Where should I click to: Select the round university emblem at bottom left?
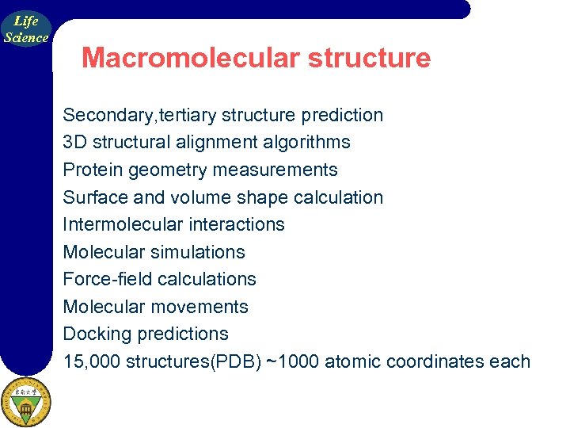click(x=25, y=402)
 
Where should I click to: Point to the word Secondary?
click(x=108, y=115)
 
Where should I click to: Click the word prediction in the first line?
click(x=342, y=115)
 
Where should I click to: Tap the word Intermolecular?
click(x=122, y=224)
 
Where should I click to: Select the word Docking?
click(x=97, y=334)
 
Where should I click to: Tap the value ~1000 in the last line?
click(x=293, y=361)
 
